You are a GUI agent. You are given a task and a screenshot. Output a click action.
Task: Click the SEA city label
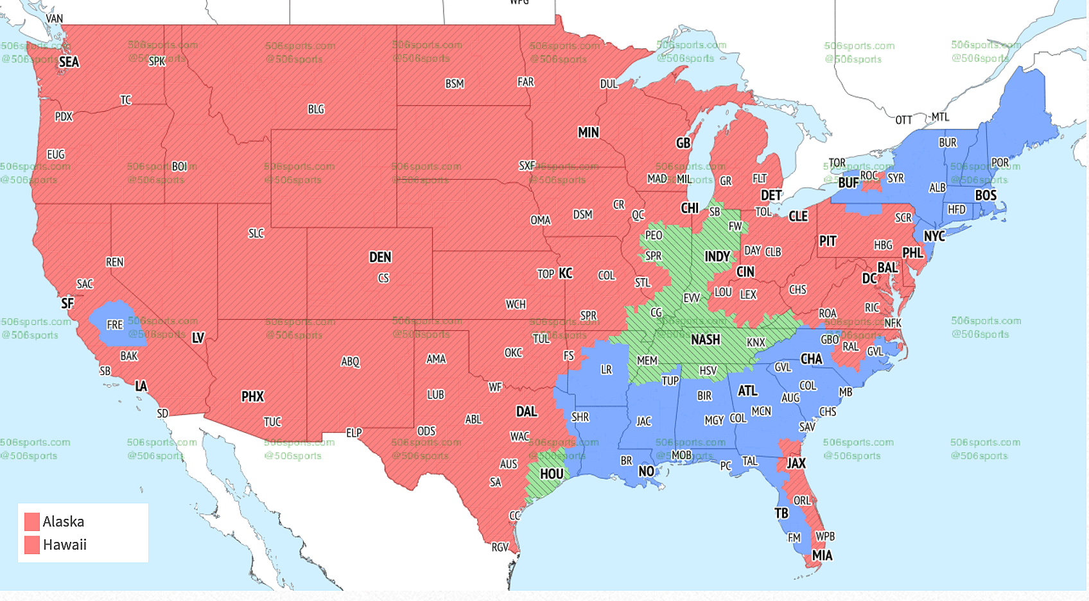coord(69,62)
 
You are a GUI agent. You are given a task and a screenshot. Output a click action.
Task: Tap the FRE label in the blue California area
coord(114,325)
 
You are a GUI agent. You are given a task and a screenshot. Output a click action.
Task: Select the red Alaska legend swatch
coord(31,521)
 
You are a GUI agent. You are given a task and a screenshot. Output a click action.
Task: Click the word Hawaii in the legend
coord(64,545)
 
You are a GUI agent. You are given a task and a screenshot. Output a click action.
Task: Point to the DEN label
coord(380,257)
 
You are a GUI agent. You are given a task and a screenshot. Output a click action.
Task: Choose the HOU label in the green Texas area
coord(552,474)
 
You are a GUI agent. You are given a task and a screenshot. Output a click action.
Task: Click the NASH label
coord(705,340)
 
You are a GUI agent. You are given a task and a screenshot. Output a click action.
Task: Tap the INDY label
coord(717,257)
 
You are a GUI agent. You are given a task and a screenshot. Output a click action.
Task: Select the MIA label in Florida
coord(822,555)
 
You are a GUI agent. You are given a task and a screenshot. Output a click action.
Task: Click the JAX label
coord(796,463)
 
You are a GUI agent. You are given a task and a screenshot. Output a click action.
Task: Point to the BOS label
coord(986,195)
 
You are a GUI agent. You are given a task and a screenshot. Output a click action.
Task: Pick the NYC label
coord(934,236)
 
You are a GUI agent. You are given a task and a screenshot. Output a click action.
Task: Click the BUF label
coord(848,183)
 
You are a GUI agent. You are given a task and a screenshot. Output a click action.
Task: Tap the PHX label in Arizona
coord(252,397)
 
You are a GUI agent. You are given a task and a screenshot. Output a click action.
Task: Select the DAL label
coord(527,412)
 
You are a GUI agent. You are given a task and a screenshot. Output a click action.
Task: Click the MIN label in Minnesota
coord(588,133)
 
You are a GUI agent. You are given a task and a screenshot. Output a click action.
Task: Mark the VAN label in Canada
coord(54,19)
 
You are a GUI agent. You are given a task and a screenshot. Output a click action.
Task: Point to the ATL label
coord(747,391)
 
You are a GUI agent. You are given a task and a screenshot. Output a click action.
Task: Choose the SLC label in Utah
coord(256,234)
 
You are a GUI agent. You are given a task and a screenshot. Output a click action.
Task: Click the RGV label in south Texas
coord(500,547)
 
